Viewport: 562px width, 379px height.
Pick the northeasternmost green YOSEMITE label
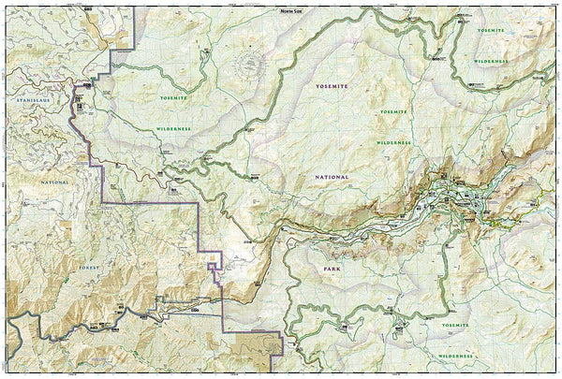click(492, 30)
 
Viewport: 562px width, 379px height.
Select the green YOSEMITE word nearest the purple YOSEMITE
click(394, 111)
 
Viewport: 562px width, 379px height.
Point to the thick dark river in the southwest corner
click(37, 328)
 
